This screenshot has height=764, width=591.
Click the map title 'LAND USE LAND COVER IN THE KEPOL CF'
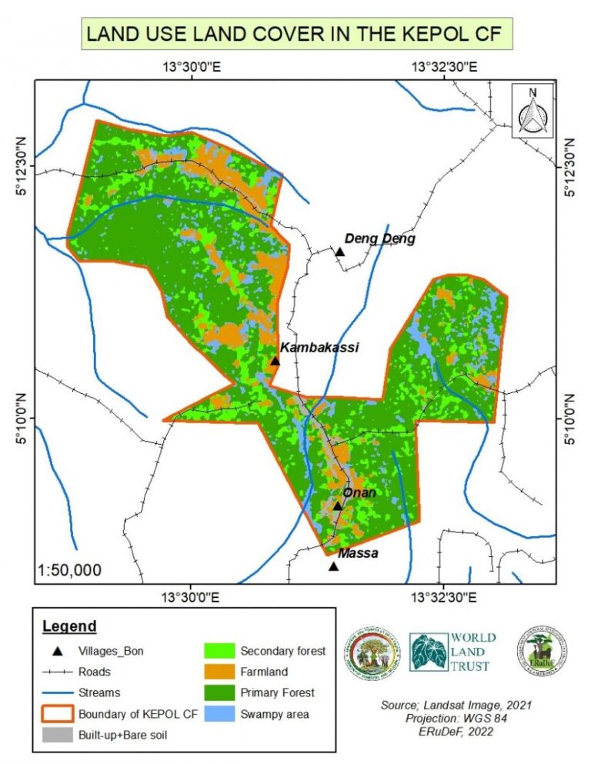(295, 35)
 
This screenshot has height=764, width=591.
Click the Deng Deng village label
(379, 239)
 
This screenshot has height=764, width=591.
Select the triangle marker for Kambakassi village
(275, 361)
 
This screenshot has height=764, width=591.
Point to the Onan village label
(359, 492)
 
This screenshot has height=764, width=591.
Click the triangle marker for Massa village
(333, 567)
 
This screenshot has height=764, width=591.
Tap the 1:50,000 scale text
(69, 570)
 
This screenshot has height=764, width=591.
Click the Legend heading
(69, 626)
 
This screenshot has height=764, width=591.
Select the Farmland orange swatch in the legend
(219, 672)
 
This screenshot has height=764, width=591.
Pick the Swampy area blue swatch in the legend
(219, 714)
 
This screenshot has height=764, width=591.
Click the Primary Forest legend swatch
(219, 692)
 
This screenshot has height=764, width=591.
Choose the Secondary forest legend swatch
(219, 651)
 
